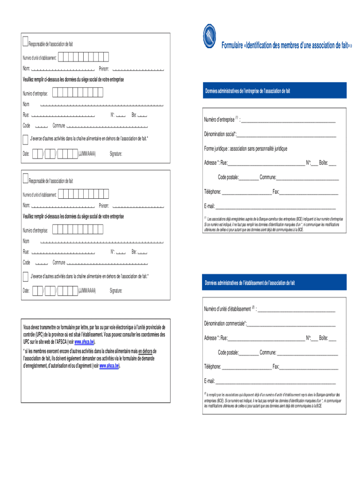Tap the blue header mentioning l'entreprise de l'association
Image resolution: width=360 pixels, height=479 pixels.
pyautogui.click(x=247, y=91)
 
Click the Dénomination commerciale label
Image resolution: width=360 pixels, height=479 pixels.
pyautogui.click(x=225, y=324)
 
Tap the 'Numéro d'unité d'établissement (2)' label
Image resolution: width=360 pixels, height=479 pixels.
pyautogui.click(x=229, y=309)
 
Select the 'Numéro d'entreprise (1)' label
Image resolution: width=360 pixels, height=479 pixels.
pyautogui.click(x=221, y=120)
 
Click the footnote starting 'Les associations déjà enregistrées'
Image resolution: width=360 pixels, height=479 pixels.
pyautogui.click(x=274, y=224)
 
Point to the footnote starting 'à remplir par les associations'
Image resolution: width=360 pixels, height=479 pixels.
pyautogui.click(x=274, y=400)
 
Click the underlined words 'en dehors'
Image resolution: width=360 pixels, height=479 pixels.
pyautogui.click(x=147, y=351)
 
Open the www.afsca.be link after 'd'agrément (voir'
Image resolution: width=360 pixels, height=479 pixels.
pyautogui.click(x=110, y=366)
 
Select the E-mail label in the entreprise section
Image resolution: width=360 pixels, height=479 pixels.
pyautogui.click(x=209, y=206)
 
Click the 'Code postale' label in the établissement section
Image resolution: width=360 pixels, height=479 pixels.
pyautogui.click(x=228, y=353)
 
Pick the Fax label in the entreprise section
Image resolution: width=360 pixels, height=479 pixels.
pyautogui.click(x=276, y=192)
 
